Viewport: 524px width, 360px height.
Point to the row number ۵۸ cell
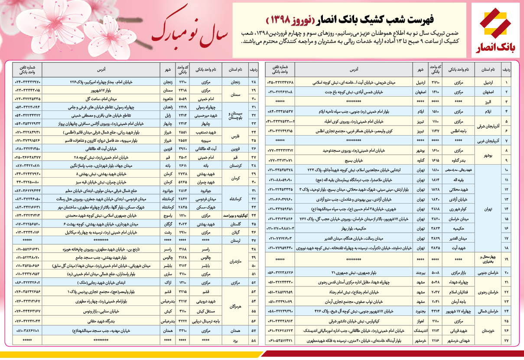pyautogui.click(x=254, y=341)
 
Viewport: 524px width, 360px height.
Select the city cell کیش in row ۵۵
pyautogui.click(x=169, y=311)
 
